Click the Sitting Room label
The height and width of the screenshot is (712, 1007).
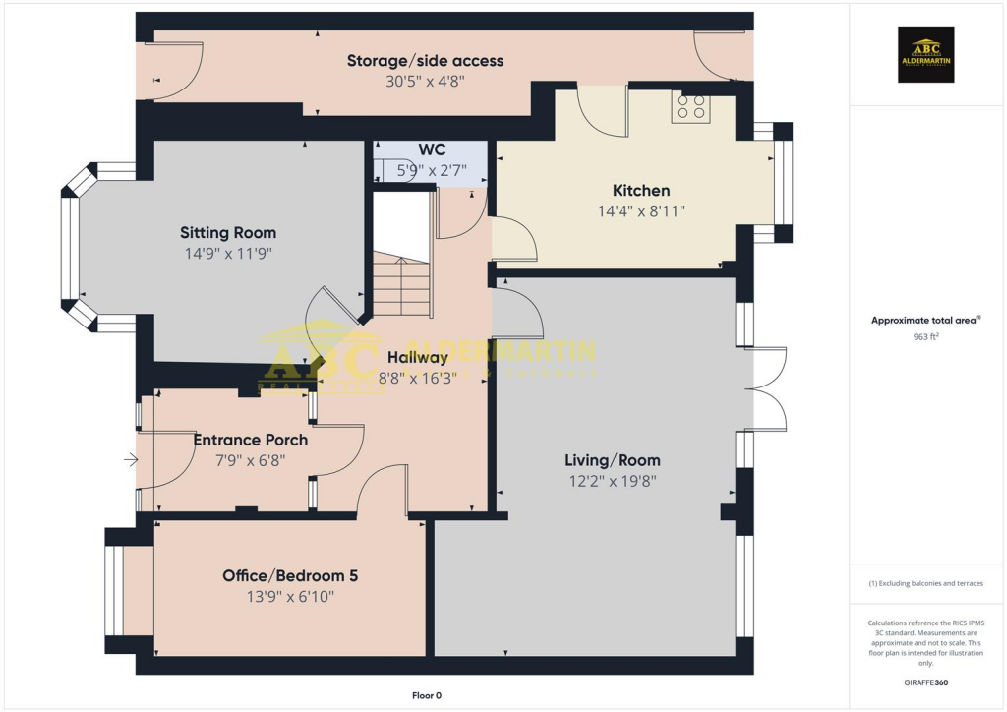pyautogui.click(x=227, y=233)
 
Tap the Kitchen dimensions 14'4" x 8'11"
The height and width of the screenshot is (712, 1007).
pyautogui.click(x=641, y=210)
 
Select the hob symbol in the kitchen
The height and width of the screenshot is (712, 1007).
pyautogui.click(x=690, y=107)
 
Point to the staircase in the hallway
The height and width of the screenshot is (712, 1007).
pyautogui.click(x=402, y=285)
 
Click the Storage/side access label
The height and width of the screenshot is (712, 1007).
pyautogui.click(x=425, y=61)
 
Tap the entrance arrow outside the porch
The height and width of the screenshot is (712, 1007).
pyautogui.click(x=130, y=458)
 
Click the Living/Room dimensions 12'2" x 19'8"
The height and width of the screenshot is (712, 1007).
pyautogui.click(x=612, y=481)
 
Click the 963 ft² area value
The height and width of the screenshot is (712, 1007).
pyautogui.click(x=927, y=336)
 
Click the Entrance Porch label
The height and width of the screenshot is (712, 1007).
pyautogui.click(x=250, y=440)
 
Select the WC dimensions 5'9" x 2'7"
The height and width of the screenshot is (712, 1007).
pyautogui.click(x=432, y=170)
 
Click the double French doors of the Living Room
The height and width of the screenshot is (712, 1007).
pyautogui.click(x=767, y=388)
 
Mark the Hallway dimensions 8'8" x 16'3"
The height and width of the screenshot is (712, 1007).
pyautogui.click(x=418, y=377)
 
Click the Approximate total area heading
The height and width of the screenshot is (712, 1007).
pyautogui.click(x=925, y=320)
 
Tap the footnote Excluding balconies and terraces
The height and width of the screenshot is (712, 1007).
pyautogui.click(x=925, y=583)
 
